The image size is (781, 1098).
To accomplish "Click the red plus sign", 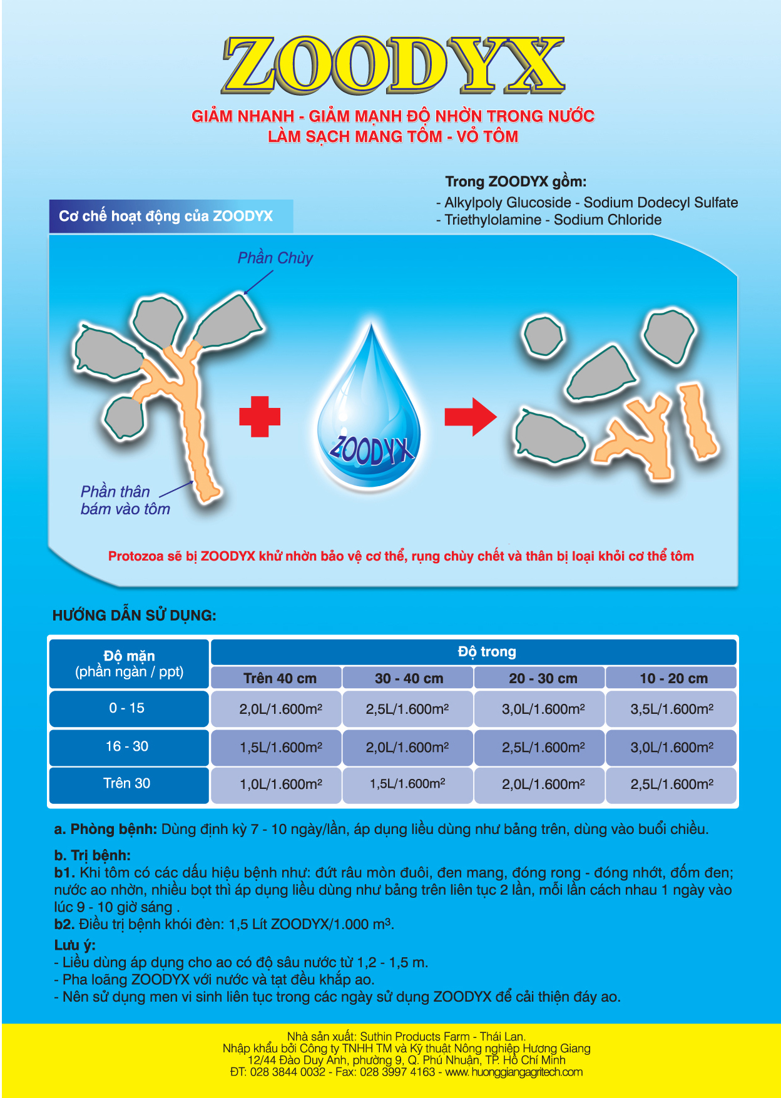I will point(260,416).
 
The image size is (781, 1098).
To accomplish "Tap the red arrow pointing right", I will point(470,417).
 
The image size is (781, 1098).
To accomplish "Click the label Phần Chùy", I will point(275,258).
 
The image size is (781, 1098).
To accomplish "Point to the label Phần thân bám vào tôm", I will point(125,500).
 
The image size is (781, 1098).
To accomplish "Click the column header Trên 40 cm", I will point(280,678).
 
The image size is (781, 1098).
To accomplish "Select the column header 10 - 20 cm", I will point(673,678).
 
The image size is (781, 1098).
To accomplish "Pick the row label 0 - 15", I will point(127,708).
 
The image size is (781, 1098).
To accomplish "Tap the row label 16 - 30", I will point(127,746).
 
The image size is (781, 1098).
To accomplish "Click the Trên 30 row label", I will point(127,783).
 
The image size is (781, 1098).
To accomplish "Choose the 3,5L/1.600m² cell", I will point(671,709).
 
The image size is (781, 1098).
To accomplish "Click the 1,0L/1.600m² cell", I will point(281,784).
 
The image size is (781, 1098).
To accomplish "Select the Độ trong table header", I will point(487,652).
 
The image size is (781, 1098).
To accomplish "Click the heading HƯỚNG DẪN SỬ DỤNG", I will point(135,616).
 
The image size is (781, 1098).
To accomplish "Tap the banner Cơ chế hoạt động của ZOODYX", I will point(166,216).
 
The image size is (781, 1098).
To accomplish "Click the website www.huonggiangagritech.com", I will point(514,1072).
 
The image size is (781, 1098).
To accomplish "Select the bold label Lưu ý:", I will point(75,945).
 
